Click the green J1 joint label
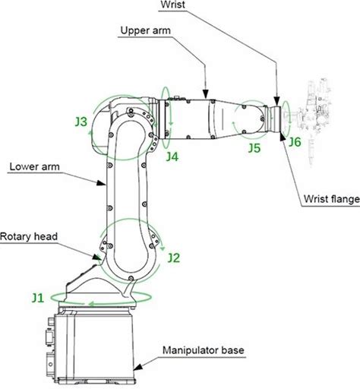pyautogui.click(x=38, y=298)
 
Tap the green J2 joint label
pyautogui.click(x=174, y=258)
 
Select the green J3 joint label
pyautogui.click(x=81, y=122)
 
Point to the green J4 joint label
pyautogui.click(x=172, y=157)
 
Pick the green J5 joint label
pyautogui.click(x=254, y=148)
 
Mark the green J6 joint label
pyautogui.click(x=295, y=142)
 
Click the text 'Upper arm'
pyautogui.click(x=146, y=30)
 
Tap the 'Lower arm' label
pyautogui.click(x=35, y=166)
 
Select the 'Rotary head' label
pyautogui.click(x=29, y=236)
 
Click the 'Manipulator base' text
pyautogui.click(x=204, y=350)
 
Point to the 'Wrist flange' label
pyautogui.click(x=332, y=199)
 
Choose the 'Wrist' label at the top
pyautogui.click(x=173, y=5)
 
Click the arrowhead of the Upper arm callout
pyautogui.click(x=206, y=94)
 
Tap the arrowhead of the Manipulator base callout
pyautogui.click(x=138, y=368)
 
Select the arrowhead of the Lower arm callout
pyautogui.click(x=101, y=182)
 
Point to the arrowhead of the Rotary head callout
pyautogui.click(x=96, y=258)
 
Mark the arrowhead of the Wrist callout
pyautogui.click(x=276, y=101)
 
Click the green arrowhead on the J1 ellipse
pyautogui.click(x=92, y=303)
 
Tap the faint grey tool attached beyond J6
pyautogui.click(x=314, y=122)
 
